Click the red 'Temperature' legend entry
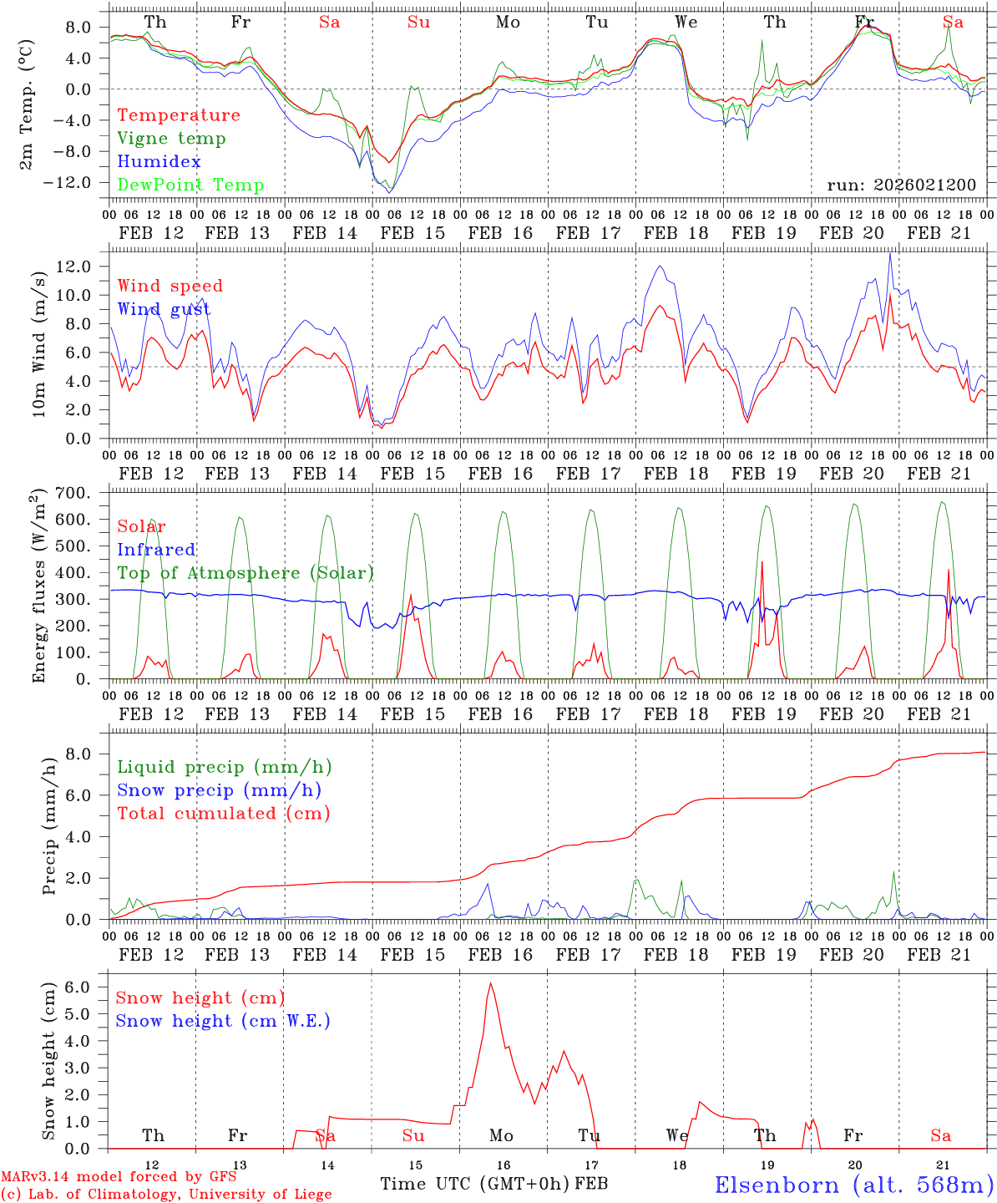tap(179, 115)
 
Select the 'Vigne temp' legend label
tap(171, 139)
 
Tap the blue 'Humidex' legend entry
tap(159, 162)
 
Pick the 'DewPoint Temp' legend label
tap(190, 185)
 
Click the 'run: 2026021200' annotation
tap(901, 185)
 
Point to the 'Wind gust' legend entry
tap(164, 309)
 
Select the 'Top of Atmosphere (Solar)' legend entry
tap(245, 573)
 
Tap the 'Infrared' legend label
tap(156, 550)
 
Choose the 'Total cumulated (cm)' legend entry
tap(223, 813)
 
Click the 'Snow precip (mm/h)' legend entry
tap(219, 790)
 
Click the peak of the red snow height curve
tap(490, 982)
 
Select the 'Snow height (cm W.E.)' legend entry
tap(223, 1021)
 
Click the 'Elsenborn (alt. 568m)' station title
tap(854, 1184)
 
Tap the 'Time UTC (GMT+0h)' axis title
tap(475, 1184)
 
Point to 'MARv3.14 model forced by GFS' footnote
tap(119, 1177)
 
